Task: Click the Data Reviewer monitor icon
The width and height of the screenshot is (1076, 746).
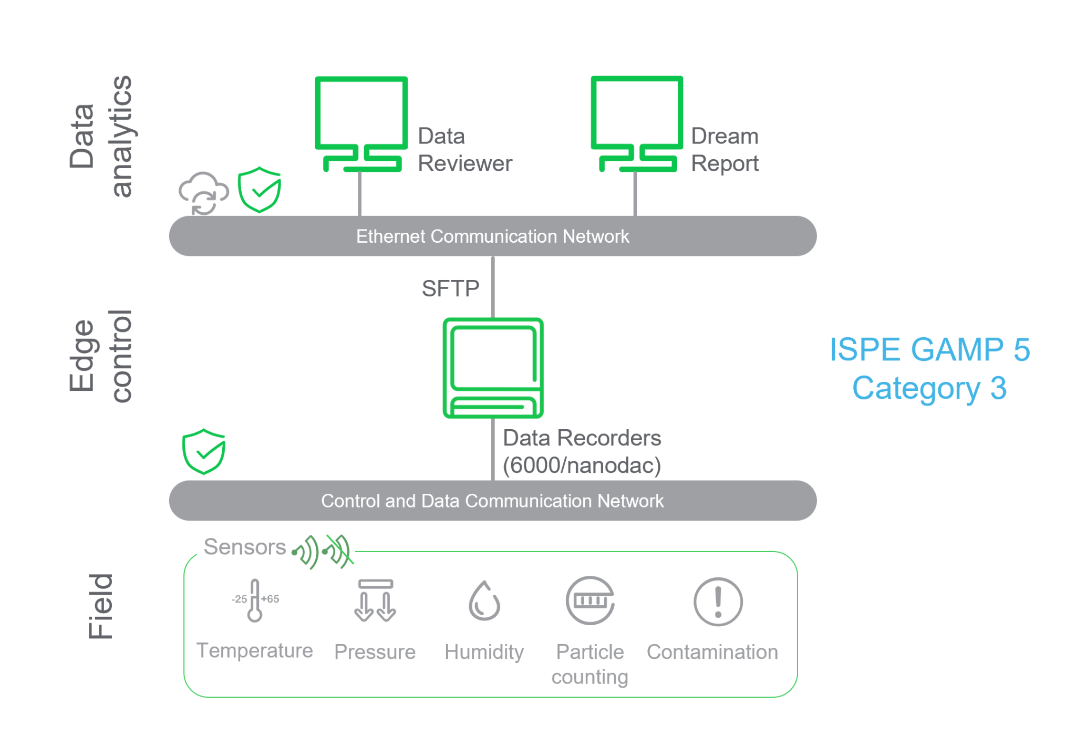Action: tap(361, 124)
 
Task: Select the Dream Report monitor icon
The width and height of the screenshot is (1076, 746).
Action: tap(637, 124)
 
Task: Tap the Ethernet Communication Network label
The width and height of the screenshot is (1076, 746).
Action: tap(492, 236)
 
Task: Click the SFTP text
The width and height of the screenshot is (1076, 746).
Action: tap(450, 288)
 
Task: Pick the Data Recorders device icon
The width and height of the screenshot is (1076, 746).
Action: tap(493, 368)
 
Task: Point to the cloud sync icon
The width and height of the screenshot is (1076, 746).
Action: tap(203, 193)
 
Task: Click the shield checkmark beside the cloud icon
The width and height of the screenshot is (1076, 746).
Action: tap(260, 190)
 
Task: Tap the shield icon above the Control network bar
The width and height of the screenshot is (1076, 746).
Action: tap(204, 452)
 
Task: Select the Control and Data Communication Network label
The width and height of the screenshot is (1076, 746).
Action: tap(492, 501)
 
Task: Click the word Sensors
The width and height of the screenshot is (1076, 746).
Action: tap(245, 547)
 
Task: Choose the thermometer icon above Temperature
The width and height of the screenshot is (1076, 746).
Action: tap(255, 600)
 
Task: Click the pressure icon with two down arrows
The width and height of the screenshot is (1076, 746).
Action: tap(375, 600)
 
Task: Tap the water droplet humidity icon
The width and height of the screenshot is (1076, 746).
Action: tap(484, 601)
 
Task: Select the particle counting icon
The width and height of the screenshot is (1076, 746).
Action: tap(590, 600)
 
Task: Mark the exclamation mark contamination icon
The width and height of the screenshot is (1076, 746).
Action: tap(718, 602)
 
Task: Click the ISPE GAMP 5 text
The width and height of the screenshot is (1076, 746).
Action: tap(929, 350)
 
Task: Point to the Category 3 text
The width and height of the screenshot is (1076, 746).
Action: tap(929, 388)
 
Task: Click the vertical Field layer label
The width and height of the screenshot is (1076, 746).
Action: tap(101, 606)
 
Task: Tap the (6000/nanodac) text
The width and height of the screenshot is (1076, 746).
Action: tap(582, 465)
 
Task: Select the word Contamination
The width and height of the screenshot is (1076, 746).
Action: tap(712, 652)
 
